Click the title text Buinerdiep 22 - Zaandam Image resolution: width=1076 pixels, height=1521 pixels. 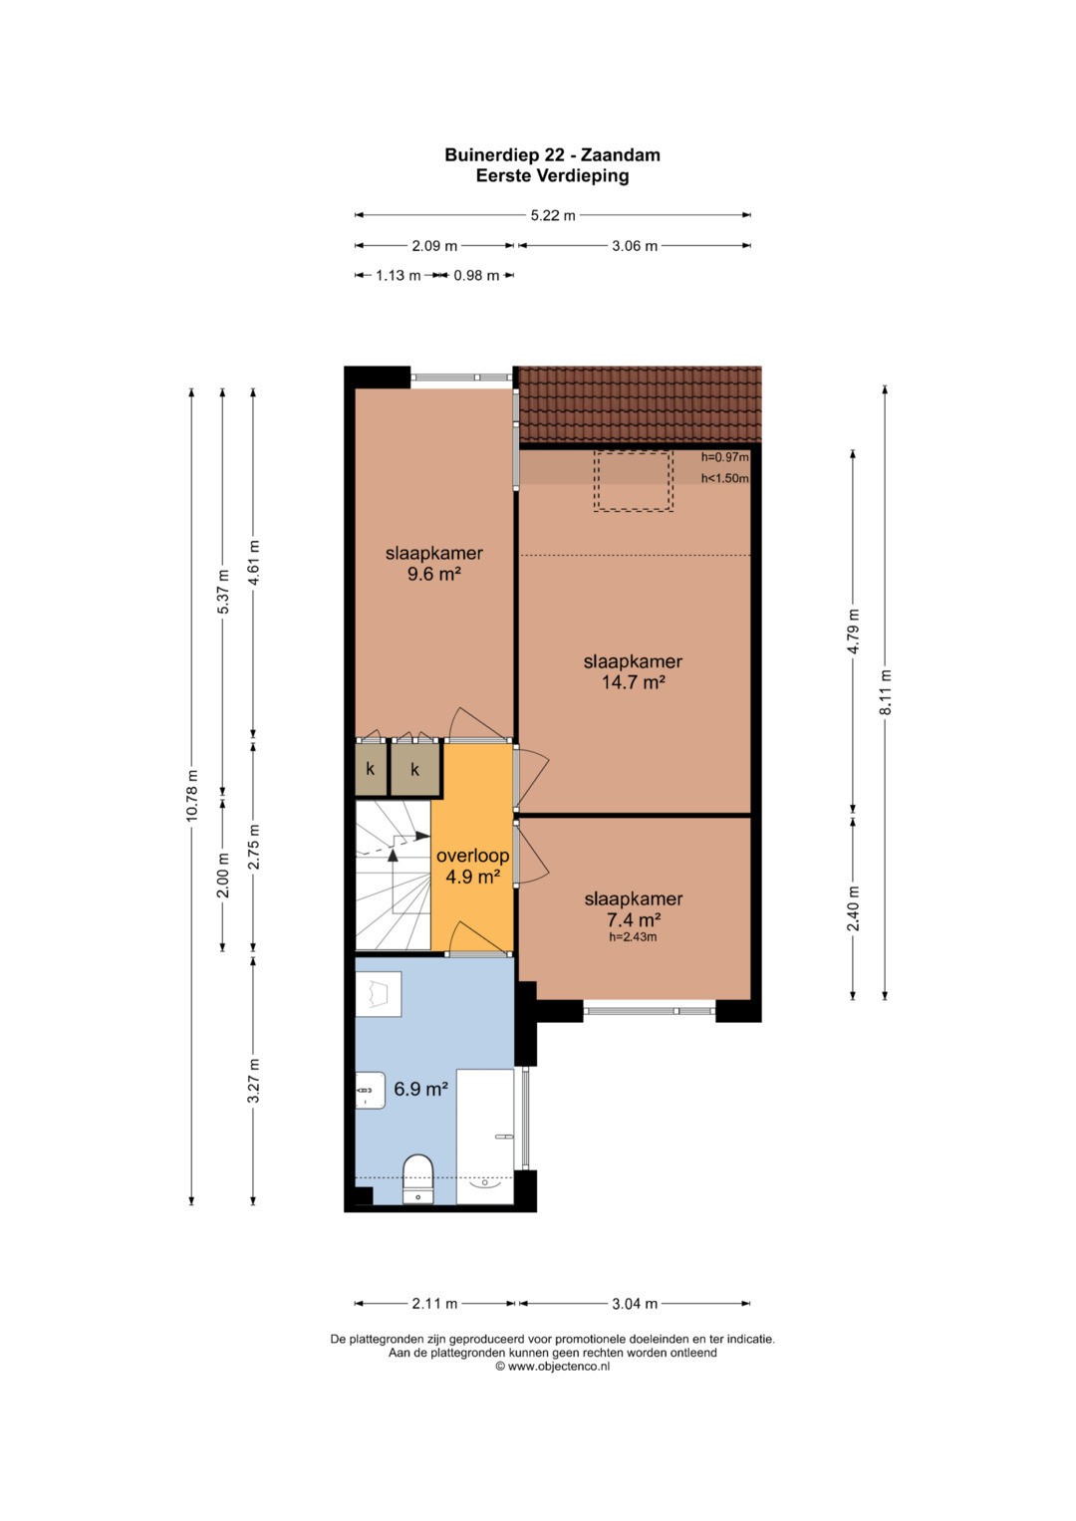click(552, 154)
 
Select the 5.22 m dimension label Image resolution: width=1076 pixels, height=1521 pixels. click(553, 215)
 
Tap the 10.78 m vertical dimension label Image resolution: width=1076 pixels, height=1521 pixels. click(191, 795)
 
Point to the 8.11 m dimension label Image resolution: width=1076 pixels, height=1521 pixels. click(885, 692)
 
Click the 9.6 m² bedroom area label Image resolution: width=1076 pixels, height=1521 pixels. click(434, 574)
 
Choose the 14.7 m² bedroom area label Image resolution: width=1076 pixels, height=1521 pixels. click(633, 681)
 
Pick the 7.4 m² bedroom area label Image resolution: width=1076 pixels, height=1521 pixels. click(633, 919)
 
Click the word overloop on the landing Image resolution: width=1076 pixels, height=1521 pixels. click(472, 856)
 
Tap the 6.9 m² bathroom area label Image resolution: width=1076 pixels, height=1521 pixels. click(420, 1089)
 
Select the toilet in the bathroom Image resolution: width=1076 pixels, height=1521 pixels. click(418, 1178)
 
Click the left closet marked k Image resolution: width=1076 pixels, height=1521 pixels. click(371, 770)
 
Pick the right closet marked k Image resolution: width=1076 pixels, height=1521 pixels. click(415, 770)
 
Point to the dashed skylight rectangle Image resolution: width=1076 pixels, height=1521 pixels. click(633, 481)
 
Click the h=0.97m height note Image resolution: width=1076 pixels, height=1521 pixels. click(725, 457)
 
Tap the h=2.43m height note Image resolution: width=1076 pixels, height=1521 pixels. click(633, 937)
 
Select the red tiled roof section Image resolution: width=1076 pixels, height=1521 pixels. click(640, 404)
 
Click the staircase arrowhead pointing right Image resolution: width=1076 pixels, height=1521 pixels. click(421, 836)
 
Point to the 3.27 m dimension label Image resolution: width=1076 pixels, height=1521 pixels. click(253, 1090)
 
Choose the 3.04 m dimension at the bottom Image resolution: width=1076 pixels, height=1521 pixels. click(635, 1303)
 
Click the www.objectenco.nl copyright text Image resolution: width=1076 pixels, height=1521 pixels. click(552, 1367)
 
